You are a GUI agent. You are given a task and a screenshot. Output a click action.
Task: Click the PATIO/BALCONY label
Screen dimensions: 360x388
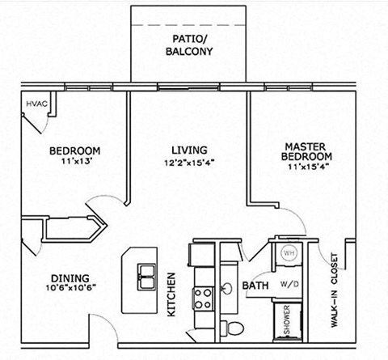[192, 44]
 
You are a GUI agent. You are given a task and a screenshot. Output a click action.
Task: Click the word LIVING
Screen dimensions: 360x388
[189, 150]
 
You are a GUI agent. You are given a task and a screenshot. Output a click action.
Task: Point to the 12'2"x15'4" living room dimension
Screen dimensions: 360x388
[189, 162]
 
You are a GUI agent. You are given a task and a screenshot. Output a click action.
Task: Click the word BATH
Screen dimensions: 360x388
[255, 286]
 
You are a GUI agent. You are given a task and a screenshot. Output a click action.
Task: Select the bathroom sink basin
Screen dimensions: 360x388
[229, 288]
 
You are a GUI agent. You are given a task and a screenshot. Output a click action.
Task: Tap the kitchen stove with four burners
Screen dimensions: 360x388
[202, 297]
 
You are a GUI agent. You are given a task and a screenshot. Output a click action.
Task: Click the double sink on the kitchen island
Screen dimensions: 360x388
[147, 276]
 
